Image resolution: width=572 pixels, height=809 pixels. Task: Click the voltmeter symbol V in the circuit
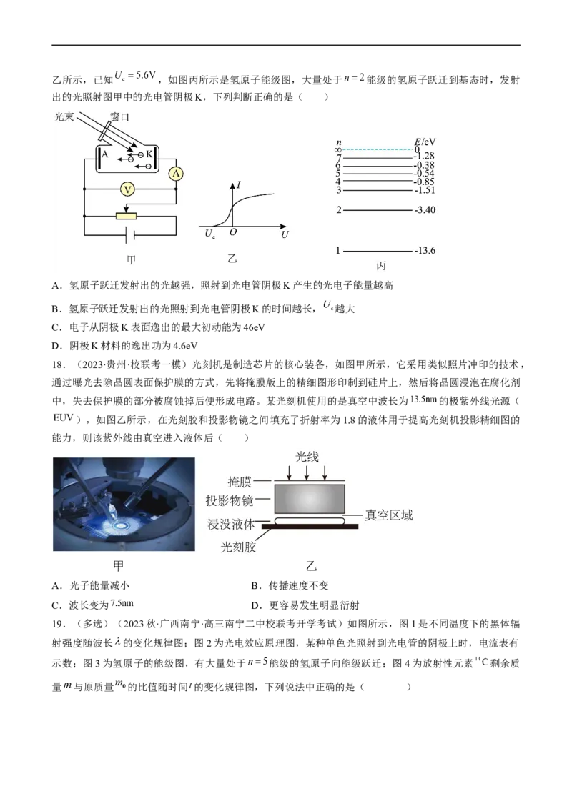pos(127,189)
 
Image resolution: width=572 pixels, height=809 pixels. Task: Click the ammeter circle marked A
pos(175,172)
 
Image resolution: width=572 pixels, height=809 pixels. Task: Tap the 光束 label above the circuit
pos(64,116)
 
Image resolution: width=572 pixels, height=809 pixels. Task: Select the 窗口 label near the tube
pos(120,116)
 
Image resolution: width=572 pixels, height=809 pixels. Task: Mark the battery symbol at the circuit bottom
pos(129,234)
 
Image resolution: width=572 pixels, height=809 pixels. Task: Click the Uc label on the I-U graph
pos(209,235)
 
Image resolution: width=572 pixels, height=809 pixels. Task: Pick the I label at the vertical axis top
pos(239,185)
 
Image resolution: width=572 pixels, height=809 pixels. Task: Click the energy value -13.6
pos(425,251)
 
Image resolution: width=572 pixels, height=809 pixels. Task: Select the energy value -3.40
pos(425,210)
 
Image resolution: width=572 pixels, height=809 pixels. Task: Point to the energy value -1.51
pos(424,190)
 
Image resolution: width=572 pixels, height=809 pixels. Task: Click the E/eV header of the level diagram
pos(424,142)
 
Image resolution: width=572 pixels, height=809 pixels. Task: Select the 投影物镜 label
pos(230,500)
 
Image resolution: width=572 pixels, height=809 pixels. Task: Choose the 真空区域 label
pos(388,515)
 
